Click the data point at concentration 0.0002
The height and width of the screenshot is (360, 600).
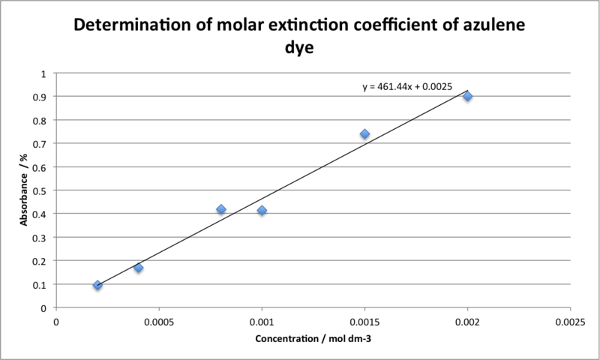pos(97,285)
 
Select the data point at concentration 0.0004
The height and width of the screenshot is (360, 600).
pos(139,268)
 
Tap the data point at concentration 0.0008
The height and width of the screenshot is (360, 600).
pos(221,209)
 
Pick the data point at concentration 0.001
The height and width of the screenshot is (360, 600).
pos(262,211)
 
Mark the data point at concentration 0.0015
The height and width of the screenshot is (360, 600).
pos(364,134)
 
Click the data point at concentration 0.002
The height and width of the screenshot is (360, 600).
pos(467,96)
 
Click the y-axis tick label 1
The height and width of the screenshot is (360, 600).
pos(43,73)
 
